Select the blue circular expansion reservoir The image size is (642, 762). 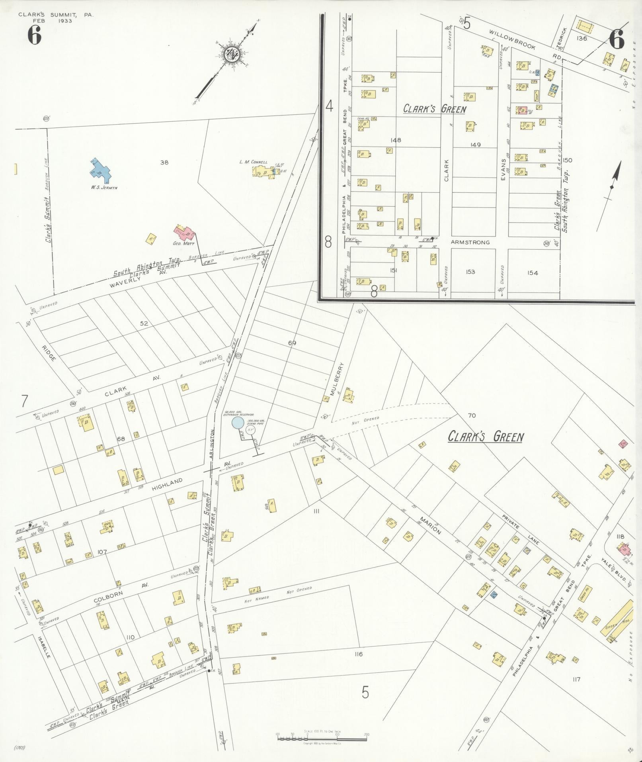click(238, 423)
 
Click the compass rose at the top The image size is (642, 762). click(231, 55)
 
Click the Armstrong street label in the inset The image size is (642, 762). click(470, 242)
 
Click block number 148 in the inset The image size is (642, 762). click(396, 140)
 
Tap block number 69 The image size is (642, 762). click(292, 343)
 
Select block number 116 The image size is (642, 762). click(358, 654)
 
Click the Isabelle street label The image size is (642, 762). click(44, 646)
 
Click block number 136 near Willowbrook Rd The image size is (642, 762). click(582, 38)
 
